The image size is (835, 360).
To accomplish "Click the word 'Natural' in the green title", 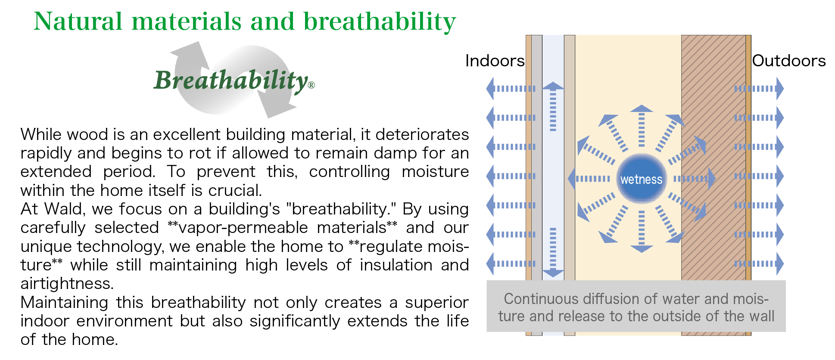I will (78, 22).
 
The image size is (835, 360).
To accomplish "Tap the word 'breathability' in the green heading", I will (379, 22).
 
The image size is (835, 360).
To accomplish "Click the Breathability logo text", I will (231, 81).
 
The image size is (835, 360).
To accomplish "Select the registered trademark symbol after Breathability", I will (312, 85).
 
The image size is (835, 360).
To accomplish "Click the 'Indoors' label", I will (495, 61).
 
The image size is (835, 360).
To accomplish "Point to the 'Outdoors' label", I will (788, 61).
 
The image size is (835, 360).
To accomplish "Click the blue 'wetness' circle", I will (641, 179).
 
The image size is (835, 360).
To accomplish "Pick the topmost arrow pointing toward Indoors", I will (511, 89).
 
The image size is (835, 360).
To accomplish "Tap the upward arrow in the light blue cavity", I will (553, 106).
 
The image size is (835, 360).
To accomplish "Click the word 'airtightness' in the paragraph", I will (67, 284).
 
